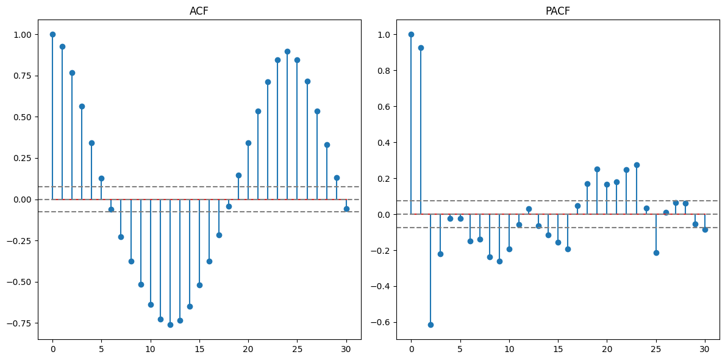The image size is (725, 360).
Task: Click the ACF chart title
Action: tap(199, 12)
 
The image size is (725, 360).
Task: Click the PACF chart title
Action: tap(557, 12)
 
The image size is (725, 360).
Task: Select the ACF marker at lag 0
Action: tap(52, 34)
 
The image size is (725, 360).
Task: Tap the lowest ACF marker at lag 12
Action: tap(170, 325)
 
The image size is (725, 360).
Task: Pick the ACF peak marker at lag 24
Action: tap(287, 51)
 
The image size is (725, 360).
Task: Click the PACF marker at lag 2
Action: tap(430, 325)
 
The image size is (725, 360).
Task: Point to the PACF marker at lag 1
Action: tap(421, 48)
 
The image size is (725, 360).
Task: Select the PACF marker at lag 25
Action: tap(656, 253)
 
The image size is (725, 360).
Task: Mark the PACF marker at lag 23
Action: tap(637, 165)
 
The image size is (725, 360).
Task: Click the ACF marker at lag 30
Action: tap(346, 209)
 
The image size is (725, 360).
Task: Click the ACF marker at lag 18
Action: tap(229, 206)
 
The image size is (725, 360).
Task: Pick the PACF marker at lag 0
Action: tap(411, 34)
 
